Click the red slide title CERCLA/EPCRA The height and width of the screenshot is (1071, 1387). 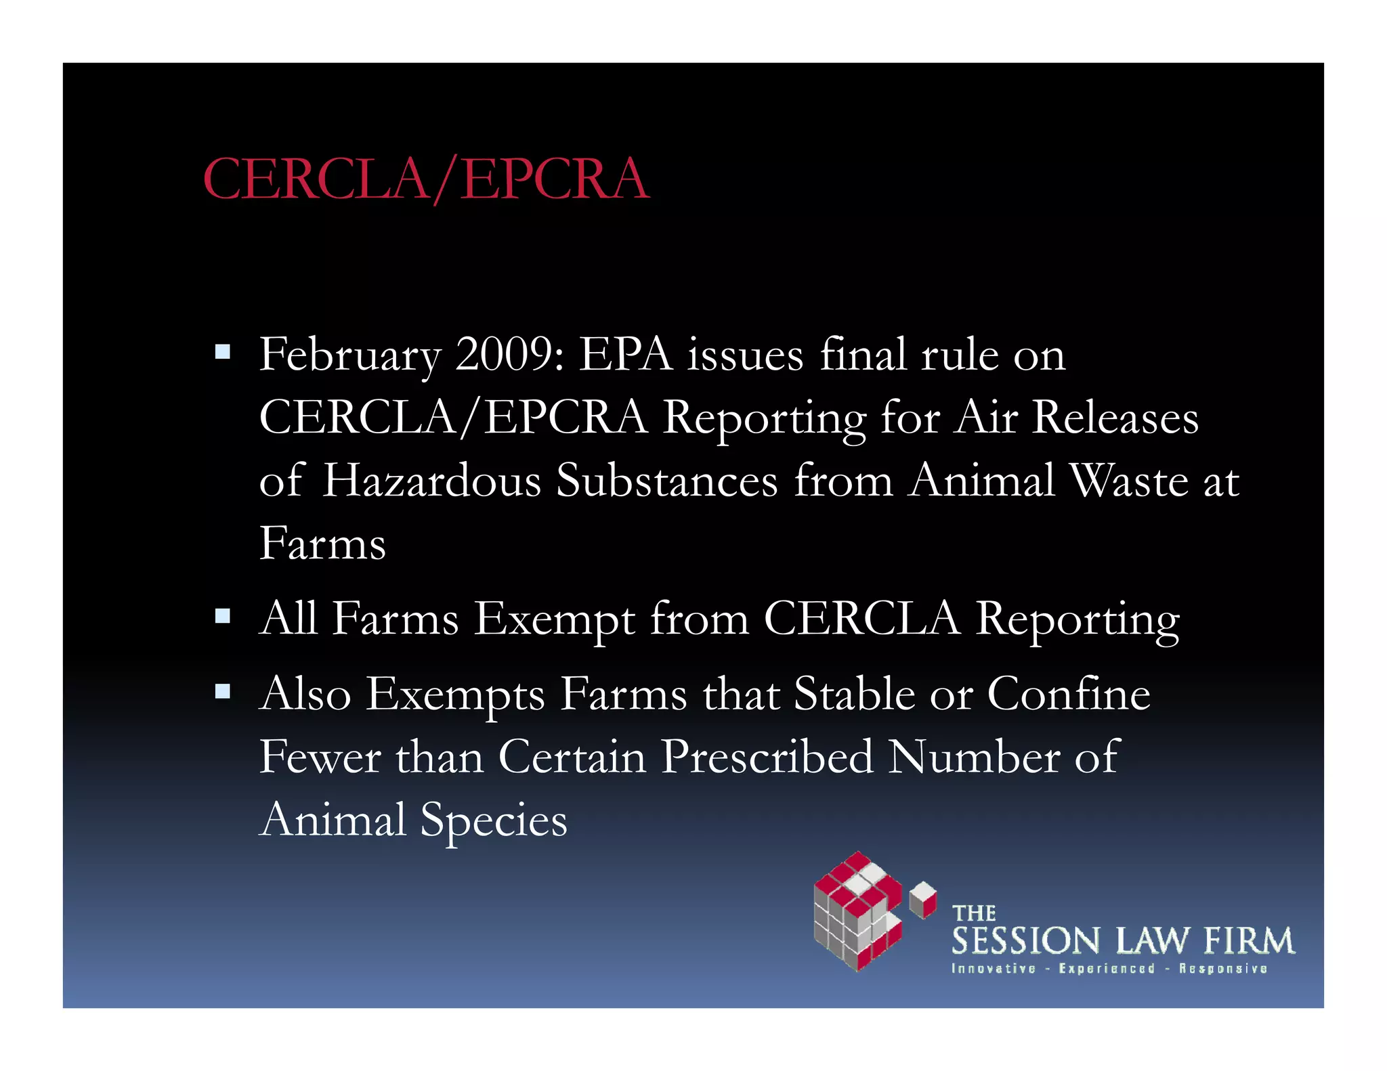click(x=426, y=179)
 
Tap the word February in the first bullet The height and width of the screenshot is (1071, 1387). click(x=349, y=355)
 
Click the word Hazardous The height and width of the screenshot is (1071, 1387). click(x=431, y=481)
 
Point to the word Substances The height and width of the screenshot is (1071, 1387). click(x=666, y=481)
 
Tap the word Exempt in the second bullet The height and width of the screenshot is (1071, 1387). click(x=554, y=619)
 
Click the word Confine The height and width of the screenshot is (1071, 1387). click(x=1069, y=694)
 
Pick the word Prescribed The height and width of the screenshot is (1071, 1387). click(x=767, y=758)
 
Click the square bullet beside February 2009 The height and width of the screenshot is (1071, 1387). click(x=222, y=352)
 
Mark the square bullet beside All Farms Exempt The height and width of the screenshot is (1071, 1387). click(x=222, y=616)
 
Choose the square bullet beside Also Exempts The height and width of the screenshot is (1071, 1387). click(x=222, y=691)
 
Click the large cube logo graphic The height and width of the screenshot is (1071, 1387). click(x=857, y=911)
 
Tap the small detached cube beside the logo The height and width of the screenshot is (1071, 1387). click(x=922, y=899)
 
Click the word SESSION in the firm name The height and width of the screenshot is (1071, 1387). click(x=1025, y=941)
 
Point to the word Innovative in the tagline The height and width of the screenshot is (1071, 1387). click(x=994, y=969)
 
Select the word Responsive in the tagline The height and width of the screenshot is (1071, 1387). click(x=1223, y=969)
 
